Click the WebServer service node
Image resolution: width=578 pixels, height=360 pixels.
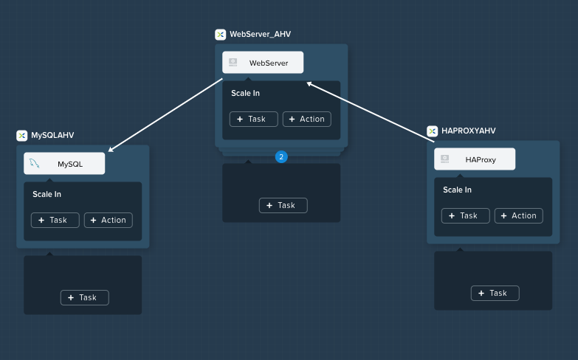(263, 62)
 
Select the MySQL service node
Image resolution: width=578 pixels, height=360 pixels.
(64, 163)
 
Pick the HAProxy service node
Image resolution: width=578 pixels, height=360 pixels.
(475, 159)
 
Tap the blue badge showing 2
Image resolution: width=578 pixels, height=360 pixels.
(281, 156)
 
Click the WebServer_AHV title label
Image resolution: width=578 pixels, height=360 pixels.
(261, 34)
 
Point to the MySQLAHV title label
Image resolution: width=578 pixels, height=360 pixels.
(52, 135)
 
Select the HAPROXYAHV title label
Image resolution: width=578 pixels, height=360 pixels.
(469, 131)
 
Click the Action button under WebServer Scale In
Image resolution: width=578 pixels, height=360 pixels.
(306, 119)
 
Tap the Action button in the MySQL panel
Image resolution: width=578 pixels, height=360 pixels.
(109, 220)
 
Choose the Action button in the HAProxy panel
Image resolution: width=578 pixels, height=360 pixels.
(519, 215)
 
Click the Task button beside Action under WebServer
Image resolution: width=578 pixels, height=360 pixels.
(254, 119)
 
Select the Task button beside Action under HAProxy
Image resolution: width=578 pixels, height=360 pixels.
(466, 215)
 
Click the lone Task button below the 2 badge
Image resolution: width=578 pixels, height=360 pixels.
(283, 205)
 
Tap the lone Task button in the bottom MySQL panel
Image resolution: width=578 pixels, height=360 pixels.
(85, 297)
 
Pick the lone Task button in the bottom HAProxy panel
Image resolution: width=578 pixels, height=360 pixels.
(495, 293)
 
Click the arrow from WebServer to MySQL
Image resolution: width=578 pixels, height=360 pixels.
(165, 115)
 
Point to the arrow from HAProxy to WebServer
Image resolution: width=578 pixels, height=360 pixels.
(371, 112)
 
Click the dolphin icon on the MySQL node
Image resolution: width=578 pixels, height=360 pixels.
(35, 163)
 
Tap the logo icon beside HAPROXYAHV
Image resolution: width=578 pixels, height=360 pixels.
(432, 131)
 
